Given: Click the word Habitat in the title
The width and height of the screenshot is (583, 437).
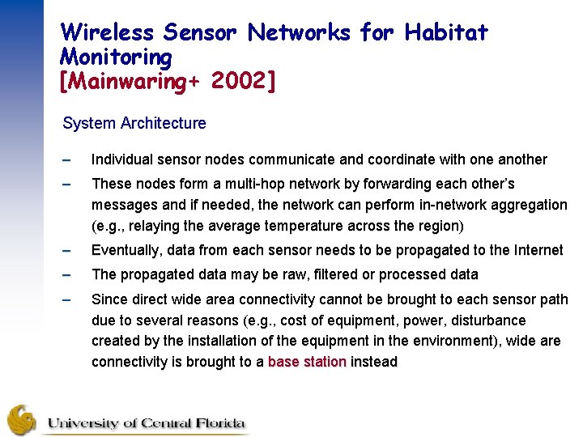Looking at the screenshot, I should click(446, 32).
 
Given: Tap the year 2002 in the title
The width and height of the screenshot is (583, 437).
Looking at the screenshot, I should click(241, 81).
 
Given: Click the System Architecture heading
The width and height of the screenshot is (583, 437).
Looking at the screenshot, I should click(134, 124).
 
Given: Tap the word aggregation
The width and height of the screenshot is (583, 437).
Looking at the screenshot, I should click(527, 205).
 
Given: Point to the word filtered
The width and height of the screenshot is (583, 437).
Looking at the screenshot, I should click(319, 274).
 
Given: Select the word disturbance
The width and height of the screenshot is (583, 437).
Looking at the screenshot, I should click(485, 320).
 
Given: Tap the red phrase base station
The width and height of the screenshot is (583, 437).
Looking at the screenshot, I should click(307, 363).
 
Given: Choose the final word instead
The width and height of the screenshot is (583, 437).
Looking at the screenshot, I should click(374, 363).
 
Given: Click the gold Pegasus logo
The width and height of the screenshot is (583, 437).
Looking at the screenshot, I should click(23, 420).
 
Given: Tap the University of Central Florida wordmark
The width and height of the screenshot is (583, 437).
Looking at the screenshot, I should click(146, 423).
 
